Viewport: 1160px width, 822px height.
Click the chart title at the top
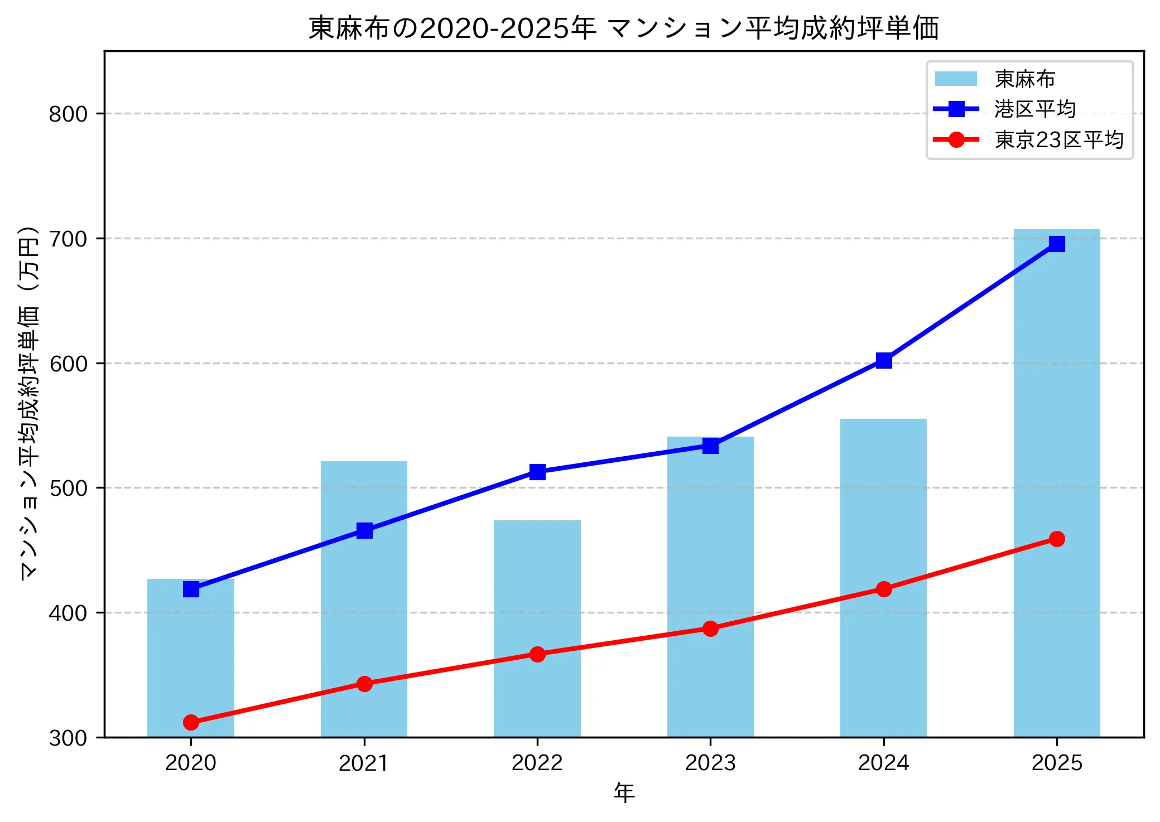(624, 28)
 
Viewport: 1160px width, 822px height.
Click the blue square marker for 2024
(883, 361)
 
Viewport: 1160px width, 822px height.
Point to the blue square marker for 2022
(537, 472)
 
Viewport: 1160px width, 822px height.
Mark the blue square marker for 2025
(1056, 244)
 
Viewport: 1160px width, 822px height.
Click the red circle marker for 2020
(191, 722)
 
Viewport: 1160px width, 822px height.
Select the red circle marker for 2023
(710, 628)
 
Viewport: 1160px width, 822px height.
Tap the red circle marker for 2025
(1056, 539)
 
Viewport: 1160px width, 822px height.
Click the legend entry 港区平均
(1034, 109)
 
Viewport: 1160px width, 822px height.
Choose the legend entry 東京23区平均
(1058, 140)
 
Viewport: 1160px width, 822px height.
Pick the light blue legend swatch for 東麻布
(956, 79)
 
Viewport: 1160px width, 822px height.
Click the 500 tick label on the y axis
(68, 489)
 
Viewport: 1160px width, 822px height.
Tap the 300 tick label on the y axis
(68, 738)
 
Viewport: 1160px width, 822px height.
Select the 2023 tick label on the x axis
(710, 763)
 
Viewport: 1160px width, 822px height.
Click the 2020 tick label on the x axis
(191, 763)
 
